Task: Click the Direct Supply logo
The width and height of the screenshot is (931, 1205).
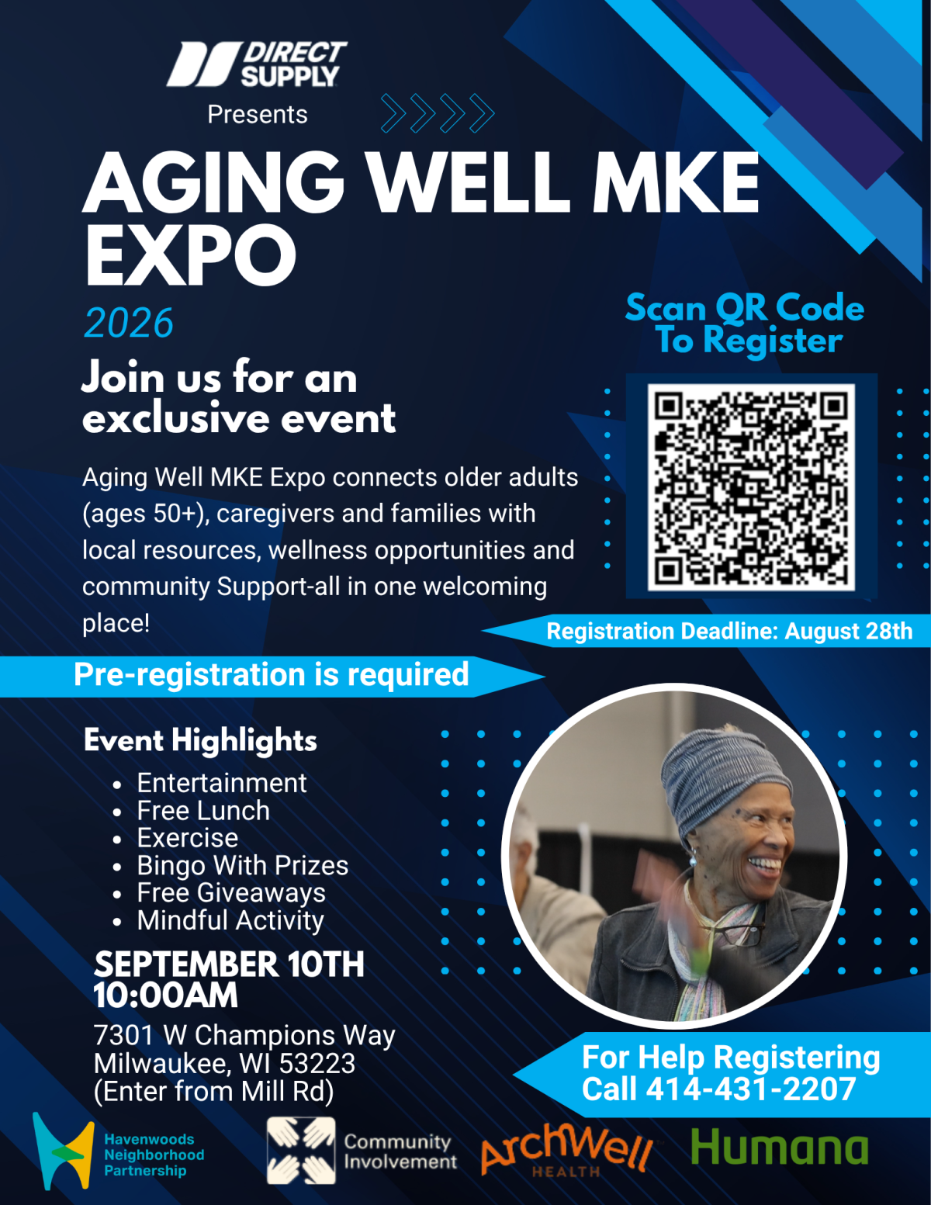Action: tap(257, 64)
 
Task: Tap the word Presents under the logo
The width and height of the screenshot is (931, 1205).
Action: tap(258, 115)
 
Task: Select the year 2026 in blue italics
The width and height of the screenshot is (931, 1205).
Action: tap(129, 322)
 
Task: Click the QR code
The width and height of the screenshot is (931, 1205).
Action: tap(751, 487)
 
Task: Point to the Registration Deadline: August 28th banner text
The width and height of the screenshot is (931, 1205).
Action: tap(729, 631)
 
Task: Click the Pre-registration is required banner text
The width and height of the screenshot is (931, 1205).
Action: tap(271, 675)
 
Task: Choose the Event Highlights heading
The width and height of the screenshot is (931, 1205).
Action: tap(200, 740)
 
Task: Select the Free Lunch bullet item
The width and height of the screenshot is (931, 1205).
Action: tap(203, 811)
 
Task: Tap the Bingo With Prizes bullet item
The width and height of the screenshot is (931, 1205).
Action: tap(242, 866)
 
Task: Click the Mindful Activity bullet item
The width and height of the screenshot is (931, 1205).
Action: tap(230, 920)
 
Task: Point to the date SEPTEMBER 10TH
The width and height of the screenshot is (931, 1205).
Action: tap(229, 964)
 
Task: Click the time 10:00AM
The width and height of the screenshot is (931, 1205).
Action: tap(165, 995)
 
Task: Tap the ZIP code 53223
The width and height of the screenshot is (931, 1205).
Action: tap(317, 1063)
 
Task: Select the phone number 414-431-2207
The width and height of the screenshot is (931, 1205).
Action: tap(751, 1089)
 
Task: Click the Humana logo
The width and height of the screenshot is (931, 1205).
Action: tap(779, 1148)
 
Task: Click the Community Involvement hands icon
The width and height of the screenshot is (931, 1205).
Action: tap(301, 1151)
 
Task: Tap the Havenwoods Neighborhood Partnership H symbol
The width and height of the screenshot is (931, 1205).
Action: tap(63, 1151)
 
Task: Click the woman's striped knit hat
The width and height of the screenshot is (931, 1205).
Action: tap(726, 773)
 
